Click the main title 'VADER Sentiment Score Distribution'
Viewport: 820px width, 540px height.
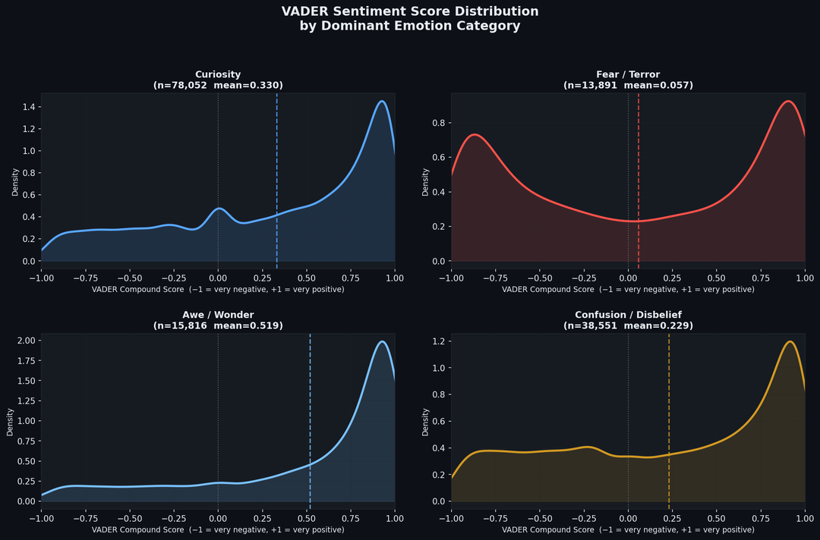tap(410, 11)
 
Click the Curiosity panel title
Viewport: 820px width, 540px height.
tap(218, 74)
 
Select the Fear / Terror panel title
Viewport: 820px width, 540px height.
tap(628, 74)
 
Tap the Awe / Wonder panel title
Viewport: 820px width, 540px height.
tap(218, 315)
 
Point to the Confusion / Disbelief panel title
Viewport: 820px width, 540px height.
tap(628, 315)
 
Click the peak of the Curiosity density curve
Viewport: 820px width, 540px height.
tap(382, 101)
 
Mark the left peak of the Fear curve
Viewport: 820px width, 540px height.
tap(475, 134)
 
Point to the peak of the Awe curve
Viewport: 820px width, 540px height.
tap(382, 341)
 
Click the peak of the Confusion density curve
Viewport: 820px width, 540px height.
tap(790, 341)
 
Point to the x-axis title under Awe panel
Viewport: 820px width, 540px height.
tap(218, 529)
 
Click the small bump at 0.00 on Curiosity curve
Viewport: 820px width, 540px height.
tap(219, 208)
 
